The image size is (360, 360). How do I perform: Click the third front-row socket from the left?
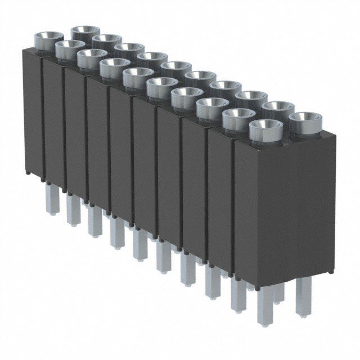(91, 58)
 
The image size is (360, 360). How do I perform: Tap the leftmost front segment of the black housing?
(33, 112)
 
